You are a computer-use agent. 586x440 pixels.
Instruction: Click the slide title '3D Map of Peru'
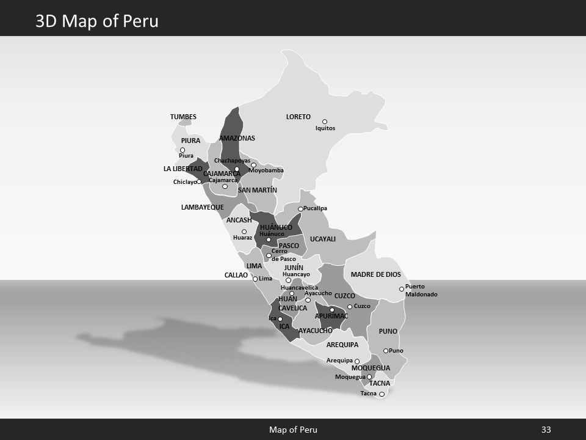pyautogui.click(x=97, y=21)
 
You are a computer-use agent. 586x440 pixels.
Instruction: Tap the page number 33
pyautogui.click(x=546, y=430)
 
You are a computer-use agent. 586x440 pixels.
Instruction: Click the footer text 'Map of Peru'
pyautogui.click(x=293, y=430)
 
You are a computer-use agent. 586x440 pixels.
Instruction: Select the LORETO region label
pyautogui.click(x=298, y=117)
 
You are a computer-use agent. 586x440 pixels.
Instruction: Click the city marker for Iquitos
pyautogui.click(x=325, y=122)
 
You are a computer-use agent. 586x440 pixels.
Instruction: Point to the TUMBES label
pyautogui.click(x=183, y=117)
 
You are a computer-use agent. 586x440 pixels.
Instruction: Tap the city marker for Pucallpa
pyautogui.click(x=300, y=209)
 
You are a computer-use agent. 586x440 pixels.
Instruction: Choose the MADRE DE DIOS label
pyautogui.click(x=376, y=274)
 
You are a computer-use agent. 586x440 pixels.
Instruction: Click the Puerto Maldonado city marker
pyautogui.click(x=402, y=289)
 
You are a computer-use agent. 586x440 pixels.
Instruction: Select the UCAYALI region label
pyautogui.click(x=323, y=239)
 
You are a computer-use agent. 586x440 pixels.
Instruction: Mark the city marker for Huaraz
pyautogui.click(x=244, y=232)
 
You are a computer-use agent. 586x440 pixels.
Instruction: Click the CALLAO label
pyautogui.click(x=236, y=276)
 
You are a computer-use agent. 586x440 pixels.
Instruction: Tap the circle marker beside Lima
pyautogui.click(x=255, y=279)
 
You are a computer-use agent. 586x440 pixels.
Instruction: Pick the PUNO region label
pyautogui.click(x=388, y=331)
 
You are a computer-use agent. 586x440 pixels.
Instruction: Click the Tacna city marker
pyautogui.click(x=382, y=394)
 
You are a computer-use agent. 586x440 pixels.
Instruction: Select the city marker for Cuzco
pyautogui.click(x=350, y=307)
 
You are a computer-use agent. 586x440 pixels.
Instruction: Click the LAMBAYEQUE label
pyautogui.click(x=203, y=207)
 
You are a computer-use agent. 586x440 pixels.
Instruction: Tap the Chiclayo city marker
pyautogui.click(x=199, y=182)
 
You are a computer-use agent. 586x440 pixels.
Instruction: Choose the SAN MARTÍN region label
pyautogui.click(x=258, y=190)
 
